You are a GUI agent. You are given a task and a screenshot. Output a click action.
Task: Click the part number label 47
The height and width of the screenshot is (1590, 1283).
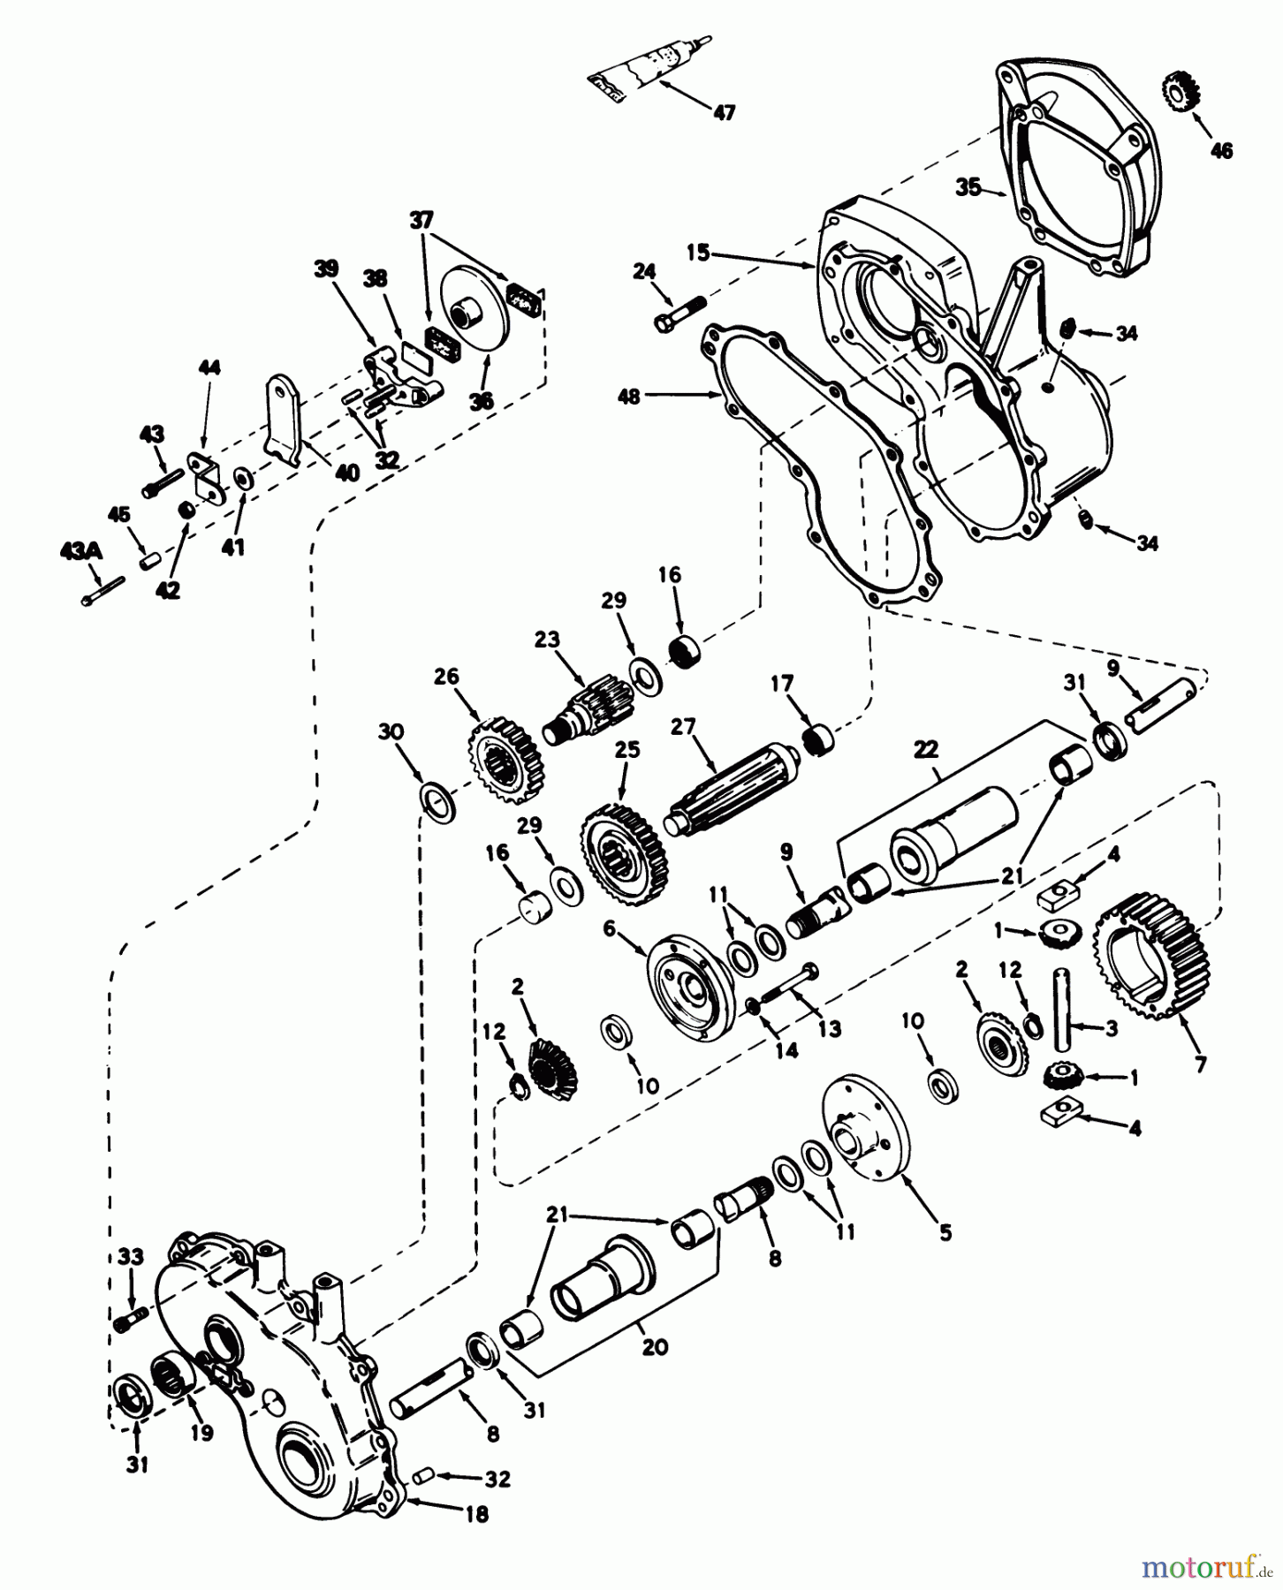tap(724, 113)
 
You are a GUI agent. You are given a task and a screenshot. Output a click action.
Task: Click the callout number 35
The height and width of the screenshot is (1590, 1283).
tap(968, 188)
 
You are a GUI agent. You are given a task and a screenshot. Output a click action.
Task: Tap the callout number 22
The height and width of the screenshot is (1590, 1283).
tap(924, 748)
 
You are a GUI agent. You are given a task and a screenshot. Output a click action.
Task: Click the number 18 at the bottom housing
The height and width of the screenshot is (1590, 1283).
tap(476, 1515)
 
